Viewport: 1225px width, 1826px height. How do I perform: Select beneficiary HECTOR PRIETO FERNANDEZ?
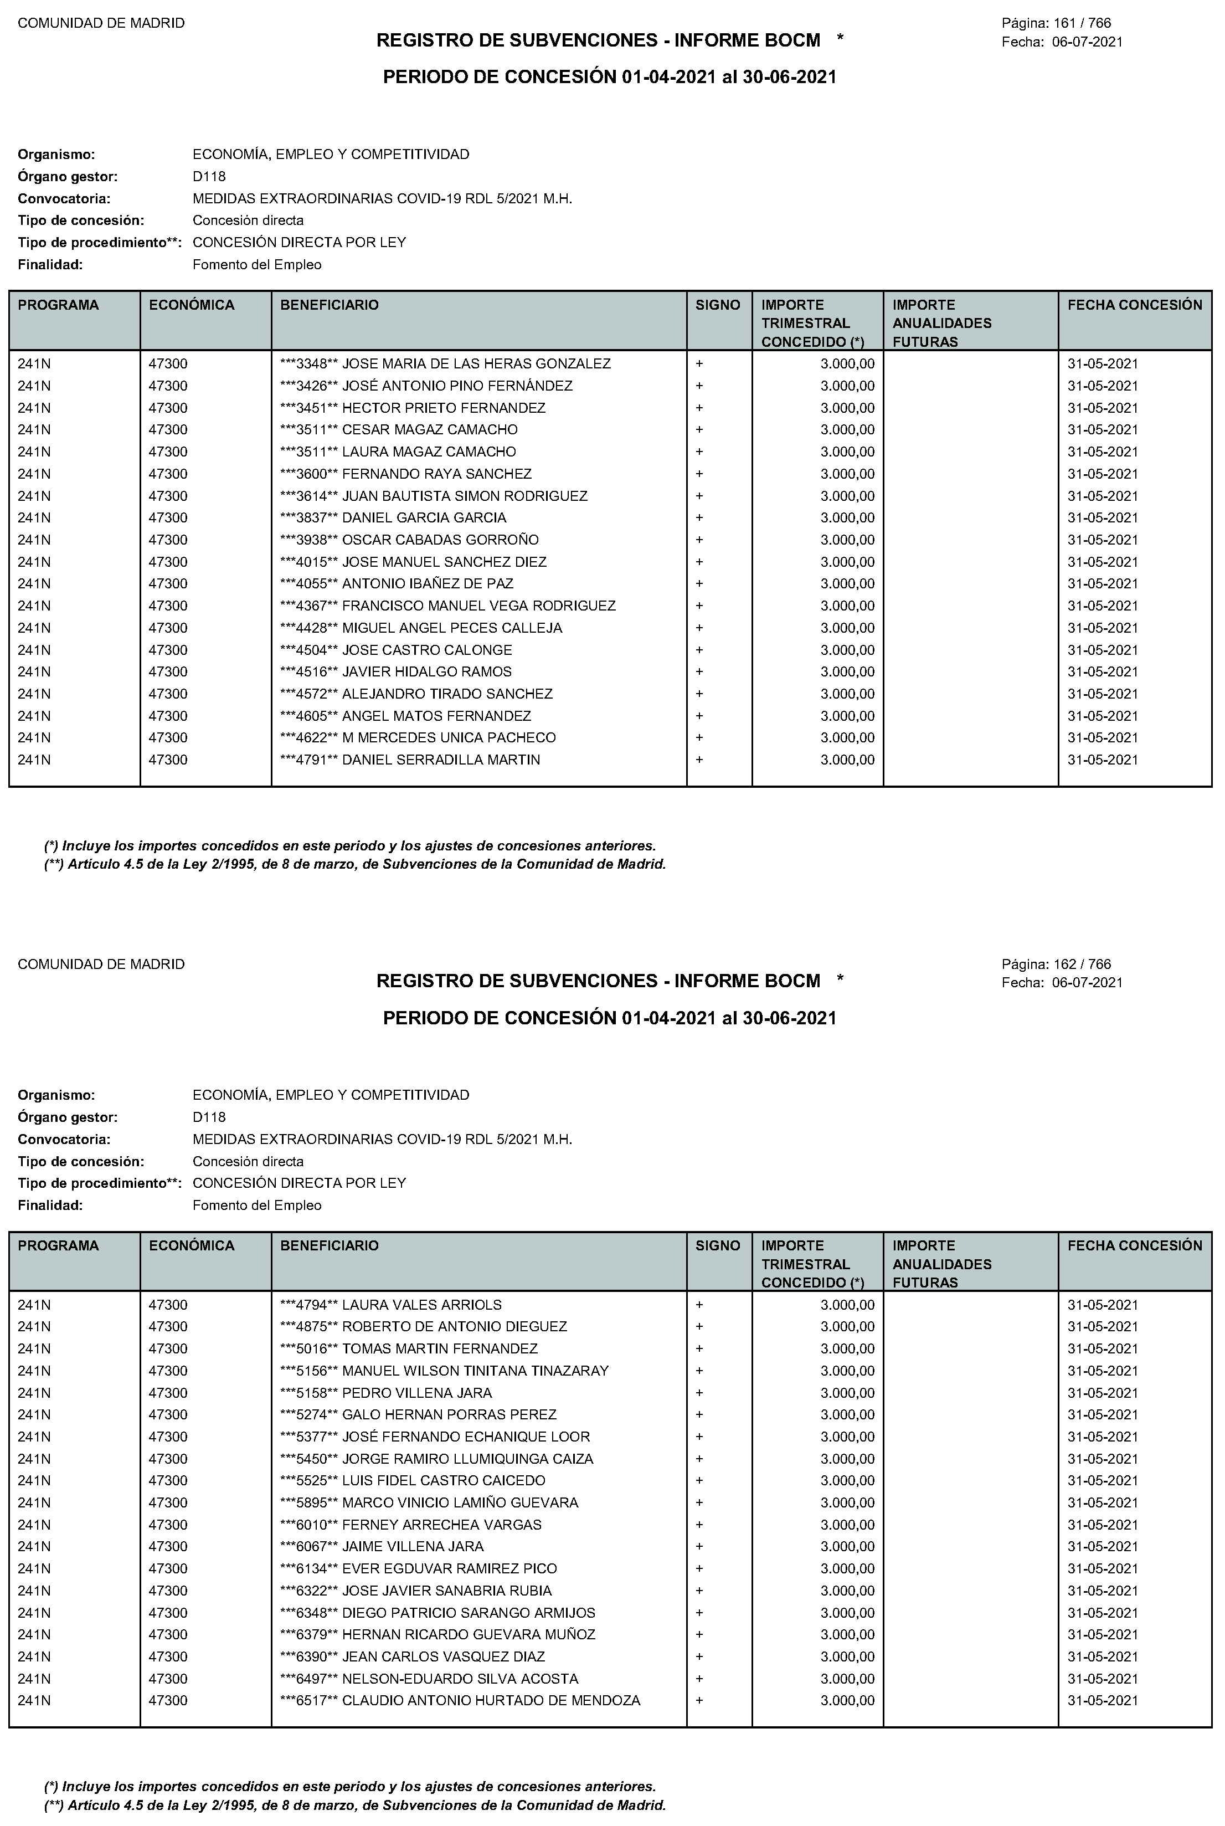pyautogui.click(x=443, y=408)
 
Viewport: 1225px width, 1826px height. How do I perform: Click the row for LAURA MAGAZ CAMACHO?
pyautogui.click(x=428, y=452)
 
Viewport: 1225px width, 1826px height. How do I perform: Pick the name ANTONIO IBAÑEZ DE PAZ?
pyautogui.click(x=428, y=584)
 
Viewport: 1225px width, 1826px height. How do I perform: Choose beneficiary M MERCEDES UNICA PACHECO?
pyautogui.click(x=449, y=737)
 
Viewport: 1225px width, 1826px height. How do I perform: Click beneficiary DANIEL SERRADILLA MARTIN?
pyautogui.click(x=441, y=760)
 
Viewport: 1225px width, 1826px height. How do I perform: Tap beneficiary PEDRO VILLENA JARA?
pyautogui.click(x=416, y=1392)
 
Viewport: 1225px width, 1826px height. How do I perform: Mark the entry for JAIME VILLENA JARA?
pyautogui.click(x=413, y=1546)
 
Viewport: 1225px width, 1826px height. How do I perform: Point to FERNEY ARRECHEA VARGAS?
pyautogui.click(x=441, y=1525)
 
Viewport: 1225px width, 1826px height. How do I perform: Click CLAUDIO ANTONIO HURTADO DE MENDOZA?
pyautogui.click(x=491, y=1700)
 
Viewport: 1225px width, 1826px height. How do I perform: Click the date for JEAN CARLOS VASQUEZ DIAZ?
pyautogui.click(x=1103, y=1656)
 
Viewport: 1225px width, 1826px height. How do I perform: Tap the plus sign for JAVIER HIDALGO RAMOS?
pyautogui.click(x=699, y=672)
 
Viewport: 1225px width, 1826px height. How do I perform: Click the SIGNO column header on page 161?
pyautogui.click(x=717, y=305)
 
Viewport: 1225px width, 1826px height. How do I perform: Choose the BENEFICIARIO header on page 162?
pyautogui.click(x=329, y=1245)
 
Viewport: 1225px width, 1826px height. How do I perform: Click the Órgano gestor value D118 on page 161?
pyautogui.click(x=209, y=177)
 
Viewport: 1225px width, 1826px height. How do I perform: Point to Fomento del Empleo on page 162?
pyautogui.click(x=257, y=1206)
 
